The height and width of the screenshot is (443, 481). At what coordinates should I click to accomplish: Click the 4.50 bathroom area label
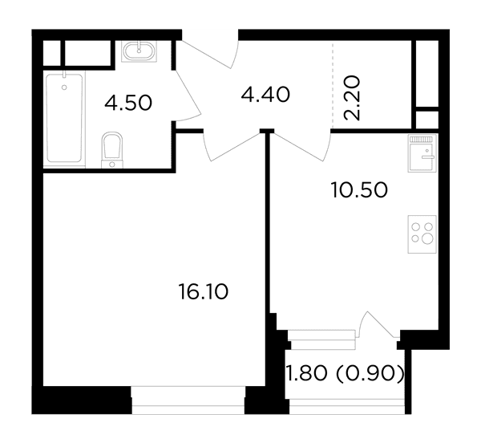[x=128, y=103]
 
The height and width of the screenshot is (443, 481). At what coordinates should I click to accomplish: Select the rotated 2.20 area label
[x=352, y=98]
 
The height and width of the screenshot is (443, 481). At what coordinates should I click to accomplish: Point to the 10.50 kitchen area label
[x=359, y=190]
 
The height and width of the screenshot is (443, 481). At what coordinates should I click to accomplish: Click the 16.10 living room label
[x=203, y=291]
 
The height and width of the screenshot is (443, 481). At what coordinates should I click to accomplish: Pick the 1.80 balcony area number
[x=306, y=374]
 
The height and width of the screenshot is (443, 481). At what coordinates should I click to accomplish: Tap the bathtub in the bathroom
[x=64, y=118]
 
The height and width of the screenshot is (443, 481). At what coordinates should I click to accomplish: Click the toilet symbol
[x=112, y=150]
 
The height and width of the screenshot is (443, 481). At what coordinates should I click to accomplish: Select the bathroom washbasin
[x=139, y=51]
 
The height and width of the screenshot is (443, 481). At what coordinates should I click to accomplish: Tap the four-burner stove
[x=422, y=234]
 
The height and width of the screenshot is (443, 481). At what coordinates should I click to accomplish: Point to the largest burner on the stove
[x=427, y=239]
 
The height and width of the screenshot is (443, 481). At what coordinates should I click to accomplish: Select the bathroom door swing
[x=188, y=96]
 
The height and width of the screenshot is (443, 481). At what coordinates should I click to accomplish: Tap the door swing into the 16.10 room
[x=232, y=147]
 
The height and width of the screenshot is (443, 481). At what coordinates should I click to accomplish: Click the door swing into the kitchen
[x=302, y=146]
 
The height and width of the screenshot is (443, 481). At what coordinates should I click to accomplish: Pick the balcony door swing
[x=379, y=324]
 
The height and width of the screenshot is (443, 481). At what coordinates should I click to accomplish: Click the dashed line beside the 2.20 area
[x=333, y=85]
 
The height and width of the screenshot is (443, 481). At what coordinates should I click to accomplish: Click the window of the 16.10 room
[x=188, y=400]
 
